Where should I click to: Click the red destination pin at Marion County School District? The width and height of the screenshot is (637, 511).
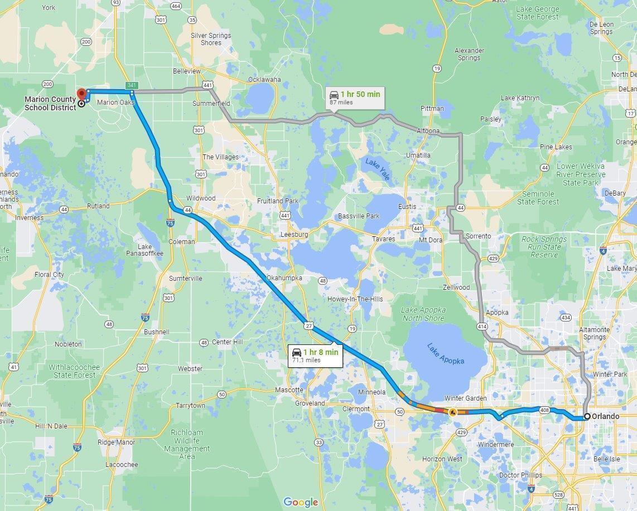click(81, 94)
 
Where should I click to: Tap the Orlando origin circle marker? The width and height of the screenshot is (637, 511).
click(587, 416)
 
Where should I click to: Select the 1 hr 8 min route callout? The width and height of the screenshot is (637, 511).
click(315, 355)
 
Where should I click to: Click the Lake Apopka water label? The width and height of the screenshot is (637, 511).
click(446, 354)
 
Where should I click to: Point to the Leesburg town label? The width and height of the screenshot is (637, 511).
click(294, 235)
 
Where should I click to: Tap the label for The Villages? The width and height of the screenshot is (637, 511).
click(220, 157)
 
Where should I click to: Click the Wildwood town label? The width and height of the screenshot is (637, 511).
click(201, 198)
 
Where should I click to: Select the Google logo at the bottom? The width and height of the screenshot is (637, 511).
click(301, 502)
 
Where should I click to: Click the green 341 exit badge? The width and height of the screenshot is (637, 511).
click(131, 85)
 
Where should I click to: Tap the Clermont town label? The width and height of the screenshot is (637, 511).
click(355, 408)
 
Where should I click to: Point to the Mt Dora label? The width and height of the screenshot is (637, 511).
click(431, 240)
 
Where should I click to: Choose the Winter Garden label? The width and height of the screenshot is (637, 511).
click(465, 398)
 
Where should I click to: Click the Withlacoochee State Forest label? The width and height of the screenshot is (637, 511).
click(74, 371)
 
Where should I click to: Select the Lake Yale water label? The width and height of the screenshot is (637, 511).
click(378, 169)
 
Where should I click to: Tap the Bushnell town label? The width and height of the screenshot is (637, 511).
click(157, 332)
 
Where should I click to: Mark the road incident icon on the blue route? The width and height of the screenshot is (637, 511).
click(452, 412)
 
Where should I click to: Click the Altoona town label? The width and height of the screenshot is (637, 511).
click(428, 131)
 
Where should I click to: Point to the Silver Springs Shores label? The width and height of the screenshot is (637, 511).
click(211, 39)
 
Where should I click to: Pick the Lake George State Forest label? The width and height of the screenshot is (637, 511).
click(537, 13)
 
